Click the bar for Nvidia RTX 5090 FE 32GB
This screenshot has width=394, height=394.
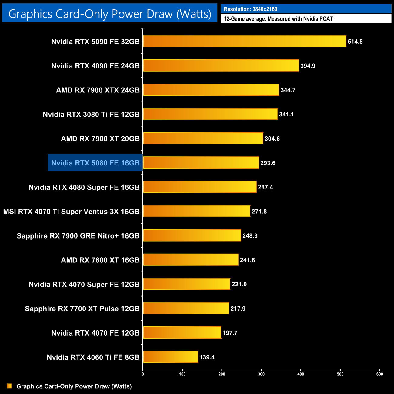point(244,41)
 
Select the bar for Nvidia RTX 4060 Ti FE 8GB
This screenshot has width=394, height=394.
point(170,357)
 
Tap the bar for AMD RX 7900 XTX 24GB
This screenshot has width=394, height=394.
point(211,90)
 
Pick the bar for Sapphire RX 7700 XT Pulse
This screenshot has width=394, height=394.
point(186,308)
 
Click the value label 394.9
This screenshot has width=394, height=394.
point(308,66)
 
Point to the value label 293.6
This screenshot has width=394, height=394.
point(268,163)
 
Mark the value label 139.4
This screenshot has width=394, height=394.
point(207,357)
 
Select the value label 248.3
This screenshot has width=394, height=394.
point(250,235)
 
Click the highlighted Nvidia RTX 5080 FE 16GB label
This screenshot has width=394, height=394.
point(95,163)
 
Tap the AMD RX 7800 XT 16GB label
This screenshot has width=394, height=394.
point(100,260)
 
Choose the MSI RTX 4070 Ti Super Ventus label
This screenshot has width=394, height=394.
point(71,212)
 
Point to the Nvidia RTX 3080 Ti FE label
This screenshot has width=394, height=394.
point(91,114)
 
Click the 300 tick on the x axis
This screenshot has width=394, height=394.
point(261,374)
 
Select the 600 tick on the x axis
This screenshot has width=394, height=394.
point(379,374)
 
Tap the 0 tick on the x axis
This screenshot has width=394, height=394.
point(143,374)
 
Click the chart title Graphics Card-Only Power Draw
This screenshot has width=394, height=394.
point(110,14)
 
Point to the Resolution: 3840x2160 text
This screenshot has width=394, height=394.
point(250,9)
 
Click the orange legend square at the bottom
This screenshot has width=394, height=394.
point(9,386)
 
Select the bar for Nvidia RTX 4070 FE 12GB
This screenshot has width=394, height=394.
point(182,332)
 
